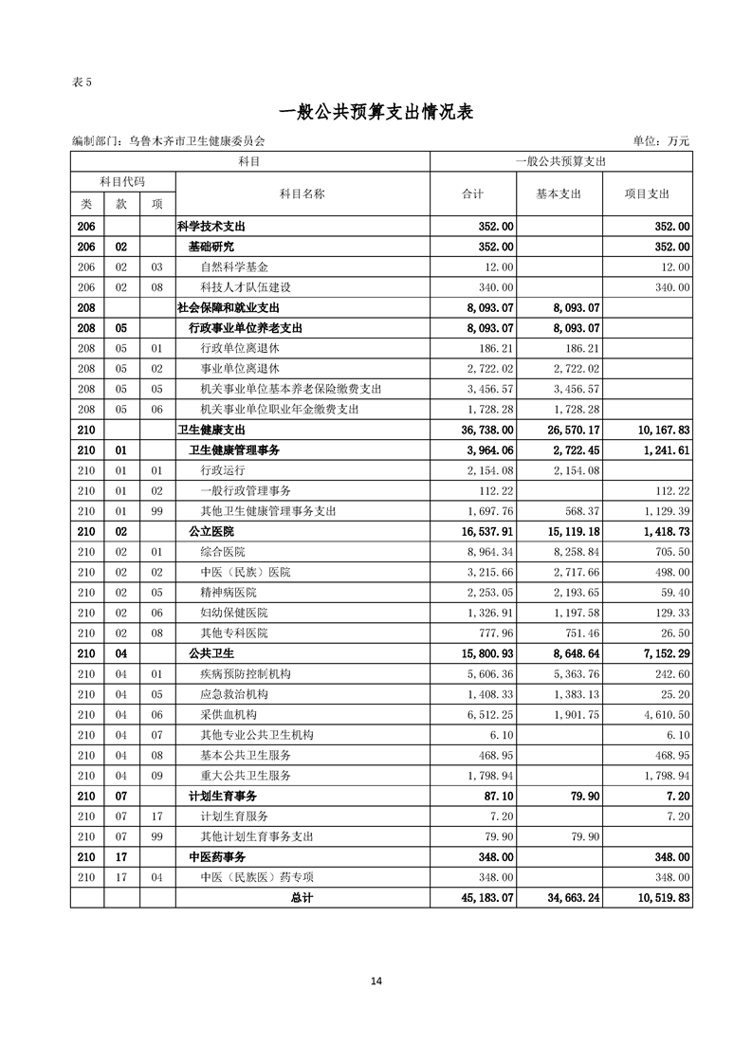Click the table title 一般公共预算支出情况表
[376, 112]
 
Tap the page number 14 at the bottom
[376, 981]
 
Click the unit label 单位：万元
[661, 141]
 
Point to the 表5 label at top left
[82, 82]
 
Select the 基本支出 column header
[559, 193]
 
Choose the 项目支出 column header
[647, 193]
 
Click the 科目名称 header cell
[303, 193]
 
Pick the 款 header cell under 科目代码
[121, 204]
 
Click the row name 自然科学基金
[234, 266]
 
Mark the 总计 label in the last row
[302, 897]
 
